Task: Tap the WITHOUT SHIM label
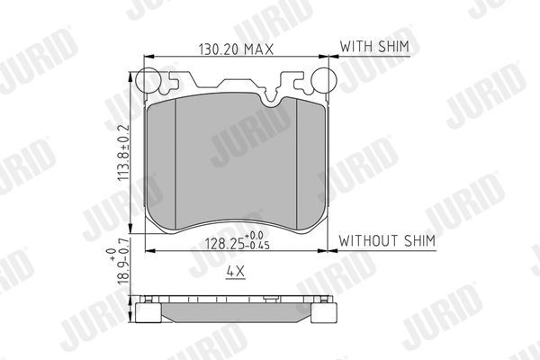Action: click(387, 240)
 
